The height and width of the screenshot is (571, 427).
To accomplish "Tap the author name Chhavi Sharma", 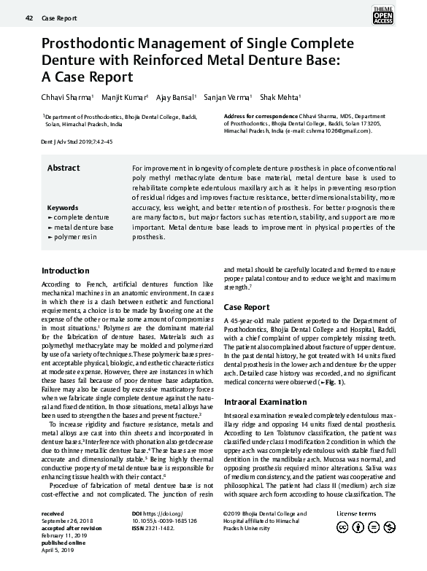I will (x=66, y=97).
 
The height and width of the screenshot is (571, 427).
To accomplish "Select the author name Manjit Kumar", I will (x=124, y=97).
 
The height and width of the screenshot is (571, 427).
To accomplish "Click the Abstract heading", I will (x=64, y=168).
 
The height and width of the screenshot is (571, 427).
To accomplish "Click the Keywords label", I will (x=63, y=208).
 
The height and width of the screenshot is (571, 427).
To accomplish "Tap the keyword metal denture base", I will (x=83, y=228).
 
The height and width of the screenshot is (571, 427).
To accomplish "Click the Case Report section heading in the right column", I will (x=246, y=307).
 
